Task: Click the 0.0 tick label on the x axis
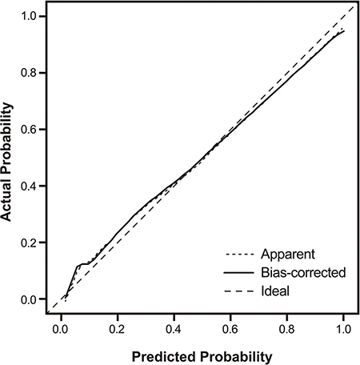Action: pos(60,329)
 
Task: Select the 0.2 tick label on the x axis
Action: pos(117,329)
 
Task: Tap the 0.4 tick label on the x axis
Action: pos(174,329)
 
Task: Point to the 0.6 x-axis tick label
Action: pos(230,329)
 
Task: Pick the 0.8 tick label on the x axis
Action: pos(286,329)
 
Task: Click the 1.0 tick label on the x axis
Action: pos(343,329)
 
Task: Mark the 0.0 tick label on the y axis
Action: pos(29,299)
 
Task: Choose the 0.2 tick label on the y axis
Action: pos(29,243)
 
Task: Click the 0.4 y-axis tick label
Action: pos(29,187)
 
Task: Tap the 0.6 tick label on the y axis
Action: pos(29,130)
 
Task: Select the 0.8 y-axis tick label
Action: pos(29,73)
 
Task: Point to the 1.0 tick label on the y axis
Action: pos(29,17)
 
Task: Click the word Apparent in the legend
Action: pos(288,255)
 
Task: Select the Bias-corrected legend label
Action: pos(303,272)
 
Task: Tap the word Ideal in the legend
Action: pos(275,291)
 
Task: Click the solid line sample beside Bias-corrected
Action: pos(239,273)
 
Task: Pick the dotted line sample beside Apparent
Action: pos(239,255)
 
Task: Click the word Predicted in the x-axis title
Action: pos(165,357)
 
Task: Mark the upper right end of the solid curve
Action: pos(344,31)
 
